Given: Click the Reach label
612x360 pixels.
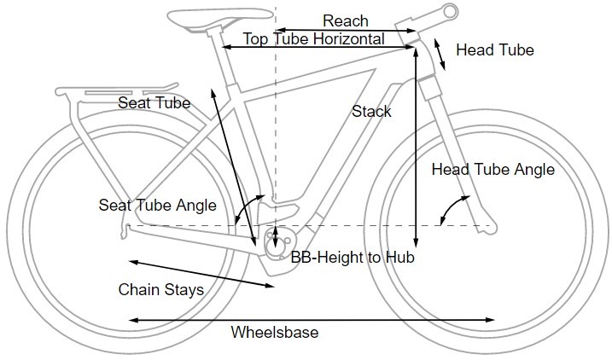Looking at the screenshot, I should (x=346, y=20).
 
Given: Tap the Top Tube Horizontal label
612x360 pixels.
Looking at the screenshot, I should (x=313, y=38).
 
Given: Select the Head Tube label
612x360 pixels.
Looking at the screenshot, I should (x=495, y=50).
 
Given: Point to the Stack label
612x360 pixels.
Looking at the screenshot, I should (x=371, y=112).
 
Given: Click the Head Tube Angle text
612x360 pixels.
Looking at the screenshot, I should (x=493, y=170).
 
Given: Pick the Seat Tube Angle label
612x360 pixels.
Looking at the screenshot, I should (x=157, y=206).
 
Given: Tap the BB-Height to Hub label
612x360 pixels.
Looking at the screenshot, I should (x=351, y=258).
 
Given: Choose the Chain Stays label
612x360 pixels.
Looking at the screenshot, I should (x=160, y=290).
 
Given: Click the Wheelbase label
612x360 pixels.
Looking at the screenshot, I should (x=275, y=333).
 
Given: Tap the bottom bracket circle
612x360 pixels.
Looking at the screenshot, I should (x=277, y=242).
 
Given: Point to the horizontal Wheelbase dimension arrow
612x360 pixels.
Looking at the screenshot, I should (x=312, y=320).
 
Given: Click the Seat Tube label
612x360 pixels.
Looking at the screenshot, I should (x=154, y=103).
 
